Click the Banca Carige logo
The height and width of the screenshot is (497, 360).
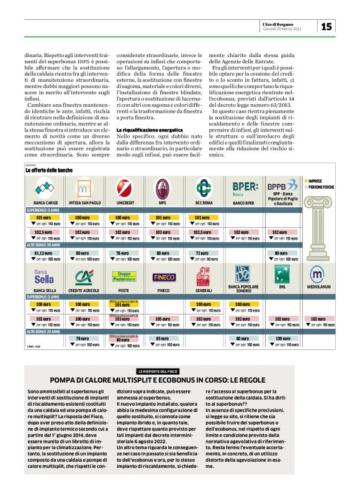[44, 186]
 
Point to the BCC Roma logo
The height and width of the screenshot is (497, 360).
[202, 186]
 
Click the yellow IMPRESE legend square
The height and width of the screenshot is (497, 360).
[306, 180]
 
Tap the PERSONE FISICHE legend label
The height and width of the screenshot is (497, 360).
[322, 186]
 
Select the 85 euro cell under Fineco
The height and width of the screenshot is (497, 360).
[163, 339]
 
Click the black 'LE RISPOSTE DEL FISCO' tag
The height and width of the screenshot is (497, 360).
[162, 371]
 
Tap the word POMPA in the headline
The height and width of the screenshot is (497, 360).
[65, 380]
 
